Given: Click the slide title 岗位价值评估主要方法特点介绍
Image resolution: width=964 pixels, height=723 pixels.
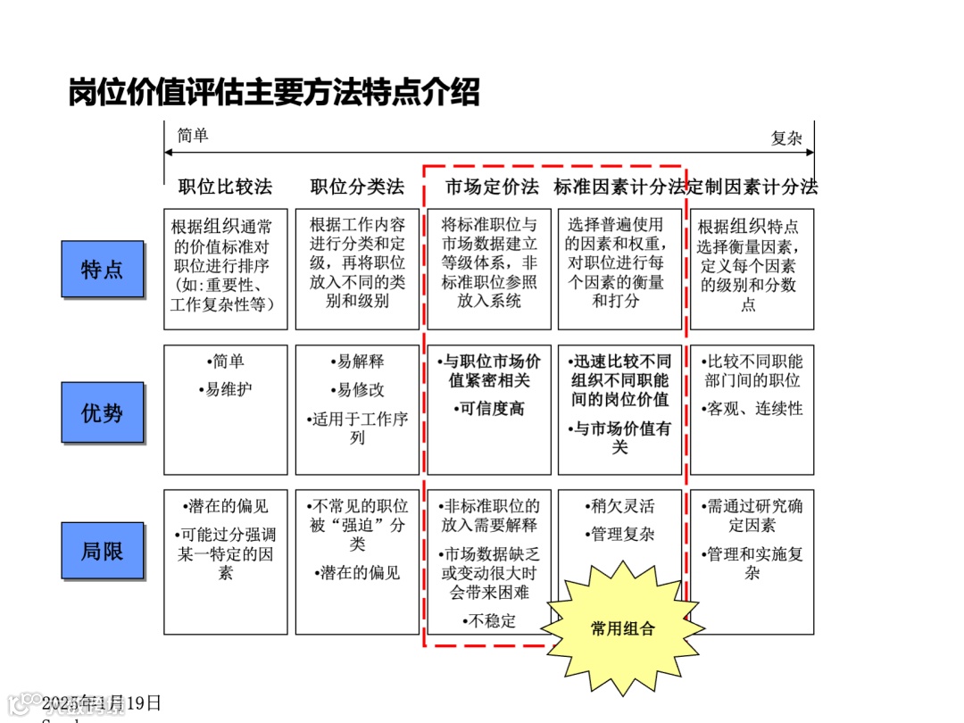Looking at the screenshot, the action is click(x=274, y=92).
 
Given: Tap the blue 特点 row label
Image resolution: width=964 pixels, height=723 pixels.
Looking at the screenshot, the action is click(x=102, y=269).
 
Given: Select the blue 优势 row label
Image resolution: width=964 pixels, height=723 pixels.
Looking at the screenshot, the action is click(x=102, y=412).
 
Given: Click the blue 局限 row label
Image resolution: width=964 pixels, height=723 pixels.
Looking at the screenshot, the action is click(x=102, y=551).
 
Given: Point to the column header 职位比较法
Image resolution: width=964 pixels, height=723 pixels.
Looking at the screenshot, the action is click(x=225, y=187).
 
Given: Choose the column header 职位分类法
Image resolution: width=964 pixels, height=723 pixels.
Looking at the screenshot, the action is click(x=357, y=187).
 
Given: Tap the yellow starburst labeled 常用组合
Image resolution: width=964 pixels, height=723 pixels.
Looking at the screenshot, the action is click(x=622, y=628).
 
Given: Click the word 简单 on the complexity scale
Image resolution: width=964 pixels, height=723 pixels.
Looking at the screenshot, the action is click(x=193, y=136).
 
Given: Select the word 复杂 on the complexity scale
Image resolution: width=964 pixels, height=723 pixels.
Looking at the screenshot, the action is click(x=786, y=138).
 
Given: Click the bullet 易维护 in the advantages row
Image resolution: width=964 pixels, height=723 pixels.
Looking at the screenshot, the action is click(x=225, y=390).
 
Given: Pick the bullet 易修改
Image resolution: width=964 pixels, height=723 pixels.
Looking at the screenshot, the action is click(x=357, y=390).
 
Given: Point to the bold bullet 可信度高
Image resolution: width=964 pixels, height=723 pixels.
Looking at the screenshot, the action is click(x=489, y=409).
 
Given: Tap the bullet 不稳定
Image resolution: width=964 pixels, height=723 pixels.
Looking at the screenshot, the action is click(x=489, y=620).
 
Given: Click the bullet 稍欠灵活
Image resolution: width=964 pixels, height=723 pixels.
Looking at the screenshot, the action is click(x=622, y=507).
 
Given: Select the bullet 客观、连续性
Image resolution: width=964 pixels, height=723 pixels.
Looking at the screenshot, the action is click(x=753, y=409).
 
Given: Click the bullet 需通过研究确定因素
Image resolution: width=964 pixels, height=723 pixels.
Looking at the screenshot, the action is click(x=752, y=516).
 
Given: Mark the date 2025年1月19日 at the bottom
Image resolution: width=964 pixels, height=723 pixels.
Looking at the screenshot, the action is click(x=103, y=702).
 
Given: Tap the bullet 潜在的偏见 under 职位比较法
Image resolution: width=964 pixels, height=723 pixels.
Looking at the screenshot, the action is click(x=225, y=507).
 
